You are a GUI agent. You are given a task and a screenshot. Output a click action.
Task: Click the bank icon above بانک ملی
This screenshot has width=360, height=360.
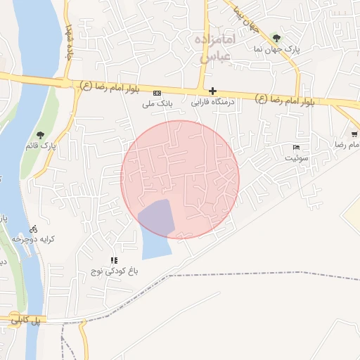157,93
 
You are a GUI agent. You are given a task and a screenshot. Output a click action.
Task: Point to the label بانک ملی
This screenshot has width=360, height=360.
157,104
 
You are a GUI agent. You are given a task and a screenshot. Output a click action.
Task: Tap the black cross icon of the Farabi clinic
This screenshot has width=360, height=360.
212,91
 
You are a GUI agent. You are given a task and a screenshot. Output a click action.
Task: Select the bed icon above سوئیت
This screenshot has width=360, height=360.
296,147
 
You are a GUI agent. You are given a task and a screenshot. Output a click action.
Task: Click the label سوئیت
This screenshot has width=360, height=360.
296,158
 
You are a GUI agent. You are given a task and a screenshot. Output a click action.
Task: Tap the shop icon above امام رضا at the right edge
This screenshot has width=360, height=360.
354,134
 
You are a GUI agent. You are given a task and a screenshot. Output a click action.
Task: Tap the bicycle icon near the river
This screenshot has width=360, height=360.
34,229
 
